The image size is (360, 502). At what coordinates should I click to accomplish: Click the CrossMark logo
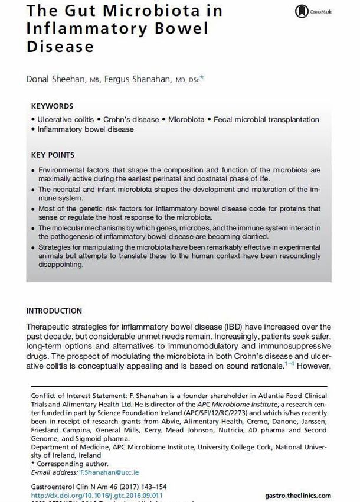pos(312,11)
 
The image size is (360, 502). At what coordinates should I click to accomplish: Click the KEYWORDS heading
pos(52,106)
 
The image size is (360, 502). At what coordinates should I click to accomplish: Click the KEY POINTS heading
pos(53,155)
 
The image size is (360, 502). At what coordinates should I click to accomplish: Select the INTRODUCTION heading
pos(54,311)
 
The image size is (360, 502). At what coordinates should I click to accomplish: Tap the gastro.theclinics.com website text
pos(297,495)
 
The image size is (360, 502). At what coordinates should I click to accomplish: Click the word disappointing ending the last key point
pos(65,265)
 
